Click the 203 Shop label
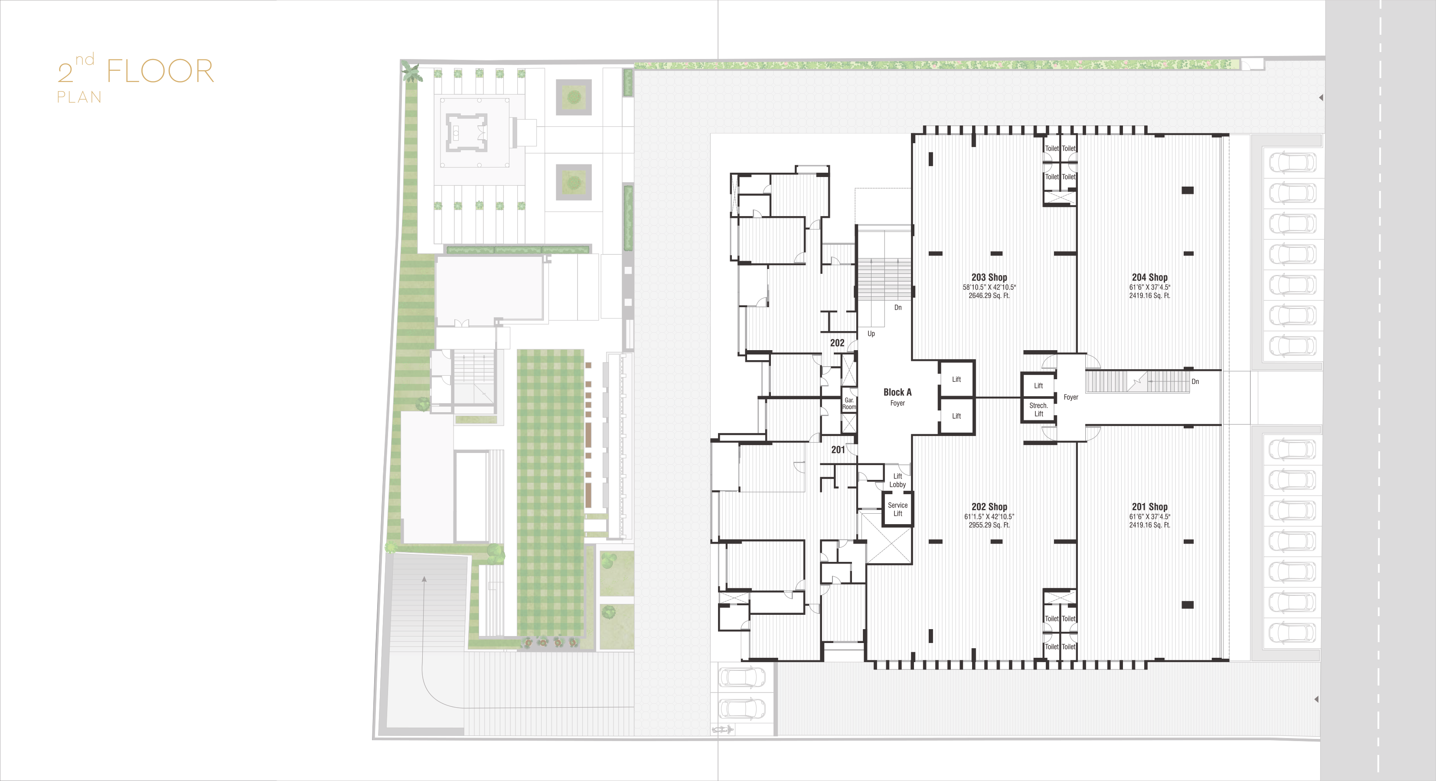(989, 277)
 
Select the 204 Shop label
(1149, 277)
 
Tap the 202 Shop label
(989, 506)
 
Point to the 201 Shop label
(1149, 506)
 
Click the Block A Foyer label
(897, 397)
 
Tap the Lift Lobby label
(897, 480)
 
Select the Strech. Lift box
(1038, 410)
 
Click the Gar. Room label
(849, 404)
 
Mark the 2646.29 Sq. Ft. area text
(989, 295)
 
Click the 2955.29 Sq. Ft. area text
(989, 525)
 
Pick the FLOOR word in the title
(160, 72)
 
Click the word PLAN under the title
(79, 97)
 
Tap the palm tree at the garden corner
(411, 72)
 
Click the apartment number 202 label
(837, 343)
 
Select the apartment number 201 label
(838, 450)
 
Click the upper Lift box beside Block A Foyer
(956, 379)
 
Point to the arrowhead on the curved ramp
(424, 580)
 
